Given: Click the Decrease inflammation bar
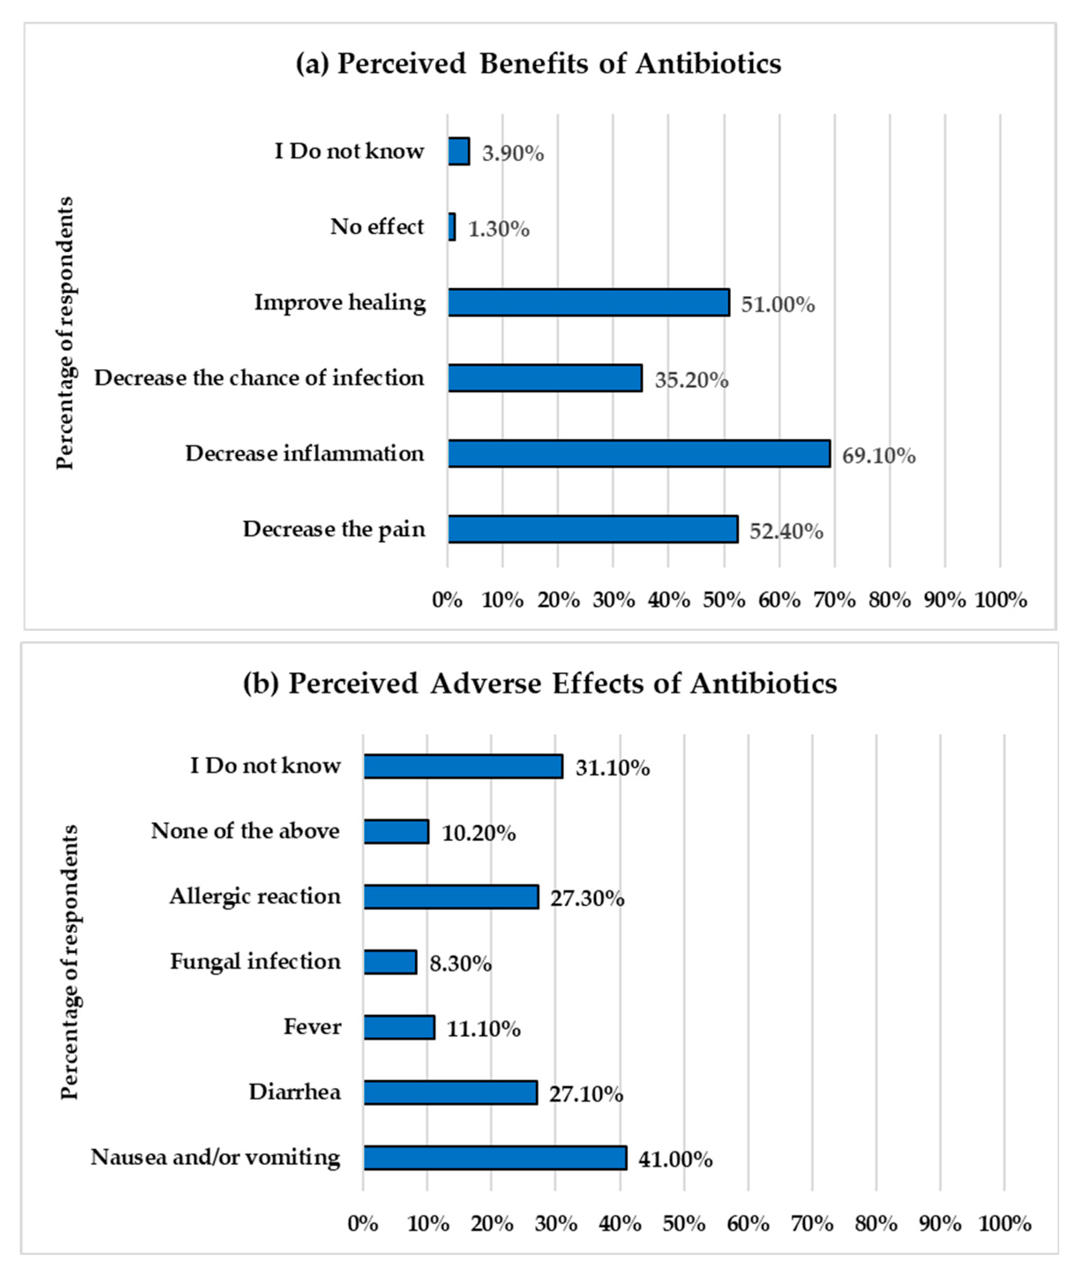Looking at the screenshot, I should point(639,454).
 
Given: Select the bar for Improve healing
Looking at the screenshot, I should point(588,303).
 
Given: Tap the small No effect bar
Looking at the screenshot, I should point(452,227).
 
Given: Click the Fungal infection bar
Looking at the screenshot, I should point(390,962).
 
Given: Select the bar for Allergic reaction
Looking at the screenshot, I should point(451,897).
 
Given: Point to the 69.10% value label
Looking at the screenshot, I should point(878,456).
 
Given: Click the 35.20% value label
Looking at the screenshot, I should point(691,380).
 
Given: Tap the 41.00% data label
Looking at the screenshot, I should point(675,1160).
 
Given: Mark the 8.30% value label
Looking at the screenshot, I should point(460,964).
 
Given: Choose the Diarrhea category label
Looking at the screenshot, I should point(295,1092).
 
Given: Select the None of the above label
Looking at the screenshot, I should point(245,831).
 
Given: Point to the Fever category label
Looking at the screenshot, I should point(312,1027).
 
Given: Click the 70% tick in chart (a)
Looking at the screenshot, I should point(834,600).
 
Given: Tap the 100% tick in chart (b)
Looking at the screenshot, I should point(1005,1223).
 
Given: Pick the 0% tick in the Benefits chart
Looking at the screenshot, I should point(447,600).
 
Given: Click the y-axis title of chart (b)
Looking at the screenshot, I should point(70,962).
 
